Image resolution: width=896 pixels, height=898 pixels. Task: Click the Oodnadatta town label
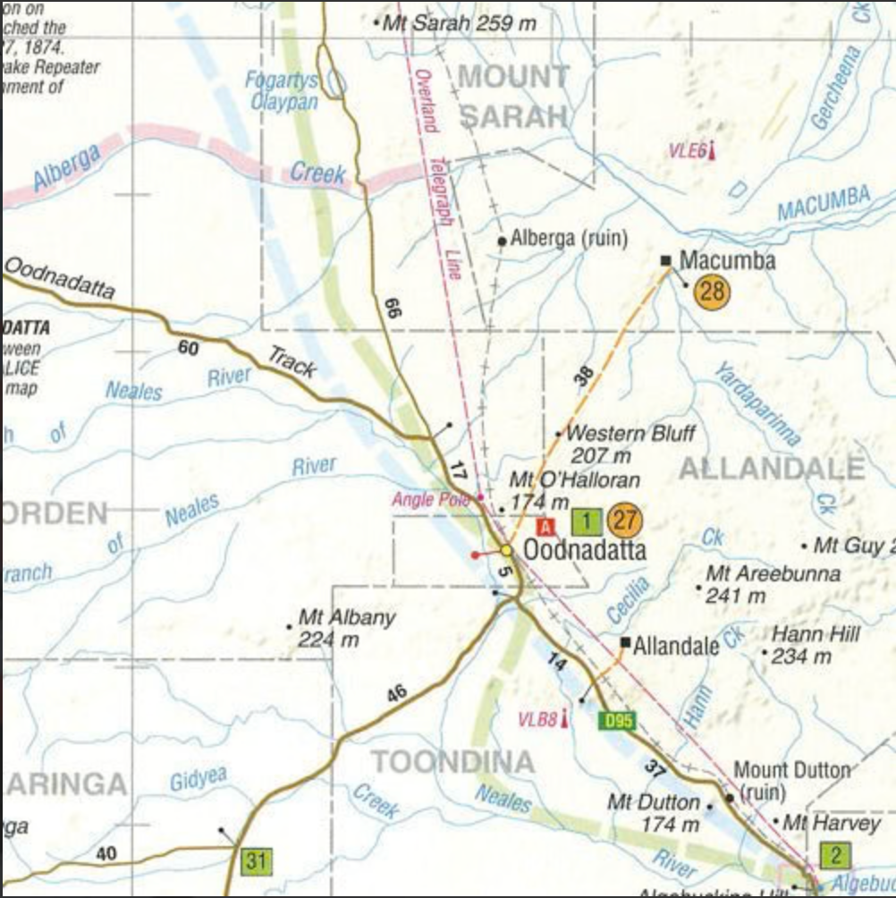pyautogui.click(x=584, y=549)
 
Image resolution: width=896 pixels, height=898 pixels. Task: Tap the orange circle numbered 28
pyautogui.click(x=712, y=291)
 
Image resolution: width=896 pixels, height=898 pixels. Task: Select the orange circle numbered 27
pyautogui.click(x=624, y=520)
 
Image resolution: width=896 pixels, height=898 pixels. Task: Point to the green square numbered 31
pyautogui.click(x=257, y=861)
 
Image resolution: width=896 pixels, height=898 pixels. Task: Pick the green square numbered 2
pyautogui.click(x=835, y=856)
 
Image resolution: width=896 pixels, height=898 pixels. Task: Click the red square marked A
pyautogui.click(x=546, y=526)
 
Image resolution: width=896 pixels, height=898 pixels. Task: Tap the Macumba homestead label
pyautogui.click(x=727, y=260)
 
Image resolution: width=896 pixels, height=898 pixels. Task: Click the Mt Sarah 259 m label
pyautogui.click(x=459, y=22)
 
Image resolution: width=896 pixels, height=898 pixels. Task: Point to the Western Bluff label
pyautogui.click(x=630, y=434)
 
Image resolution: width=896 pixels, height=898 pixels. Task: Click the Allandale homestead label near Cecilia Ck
pyautogui.click(x=676, y=646)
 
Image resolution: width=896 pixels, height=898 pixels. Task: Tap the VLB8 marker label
pyautogui.click(x=537, y=719)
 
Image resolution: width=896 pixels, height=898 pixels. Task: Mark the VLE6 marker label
pyautogui.click(x=688, y=151)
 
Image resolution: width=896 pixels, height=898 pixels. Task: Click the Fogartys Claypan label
pyautogui.click(x=283, y=91)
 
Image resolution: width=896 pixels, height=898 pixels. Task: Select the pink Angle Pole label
pyautogui.click(x=431, y=499)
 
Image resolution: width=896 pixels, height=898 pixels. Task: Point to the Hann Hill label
pyautogui.click(x=816, y=634)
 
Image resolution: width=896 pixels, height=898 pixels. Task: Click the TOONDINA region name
pyautogui.click(x=452, y=763)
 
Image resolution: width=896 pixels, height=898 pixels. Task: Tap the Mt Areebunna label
pyautogui.click(x=773, y=573)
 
